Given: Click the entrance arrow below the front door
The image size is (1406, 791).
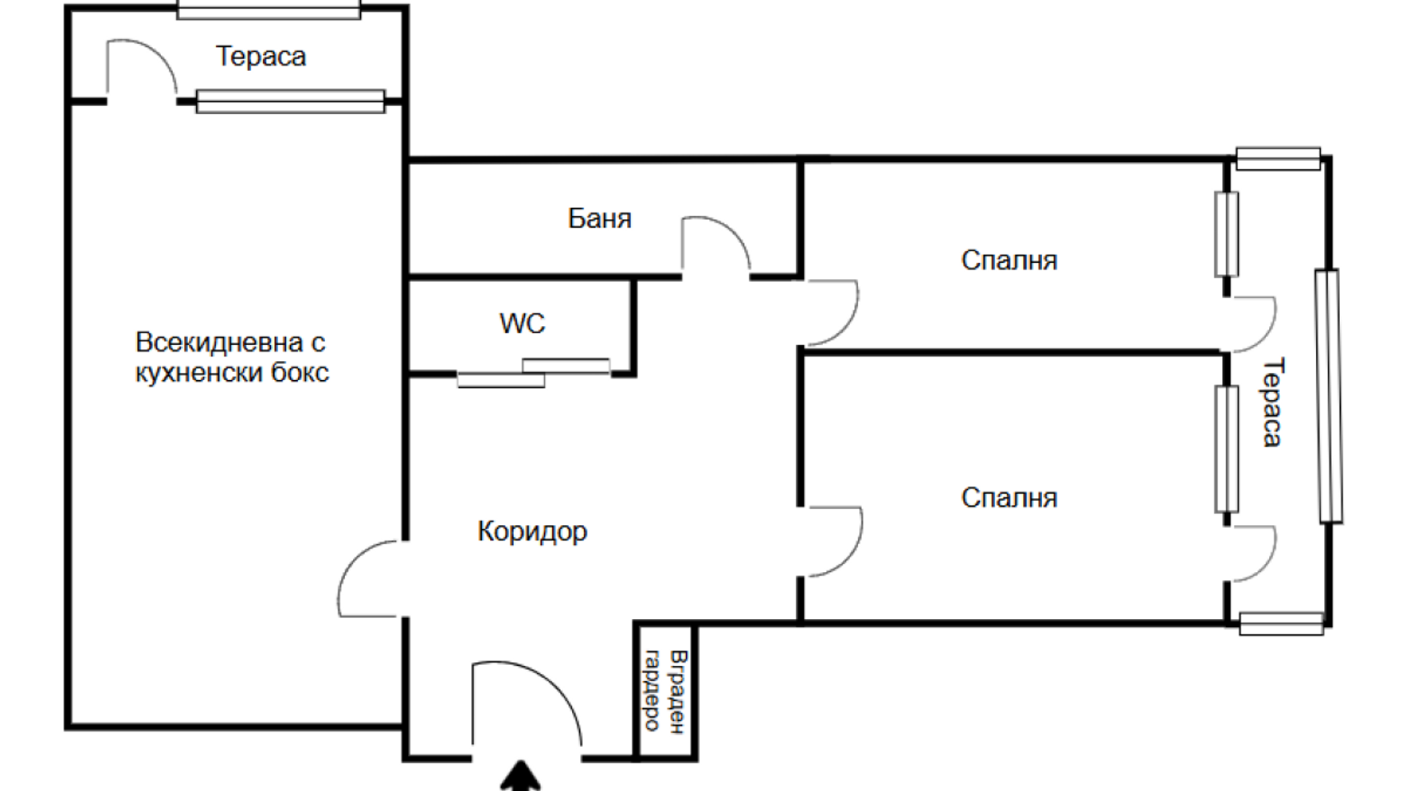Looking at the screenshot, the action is tap(521, 776).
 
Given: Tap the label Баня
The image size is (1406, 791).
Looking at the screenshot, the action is tap(599, 218).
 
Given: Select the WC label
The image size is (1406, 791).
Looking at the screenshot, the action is tap(522, 323).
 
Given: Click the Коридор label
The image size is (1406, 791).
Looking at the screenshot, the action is tap(532, 531).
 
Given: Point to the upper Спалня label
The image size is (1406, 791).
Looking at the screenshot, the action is tap(1009, 260).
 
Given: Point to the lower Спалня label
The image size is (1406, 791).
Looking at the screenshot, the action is tap(1009, 498).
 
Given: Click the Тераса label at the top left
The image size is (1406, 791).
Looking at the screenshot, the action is tap(261, 56).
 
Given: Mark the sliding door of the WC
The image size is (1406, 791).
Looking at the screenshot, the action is tap(534, 373).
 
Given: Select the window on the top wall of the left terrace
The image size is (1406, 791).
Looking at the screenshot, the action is tap(269, 10).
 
